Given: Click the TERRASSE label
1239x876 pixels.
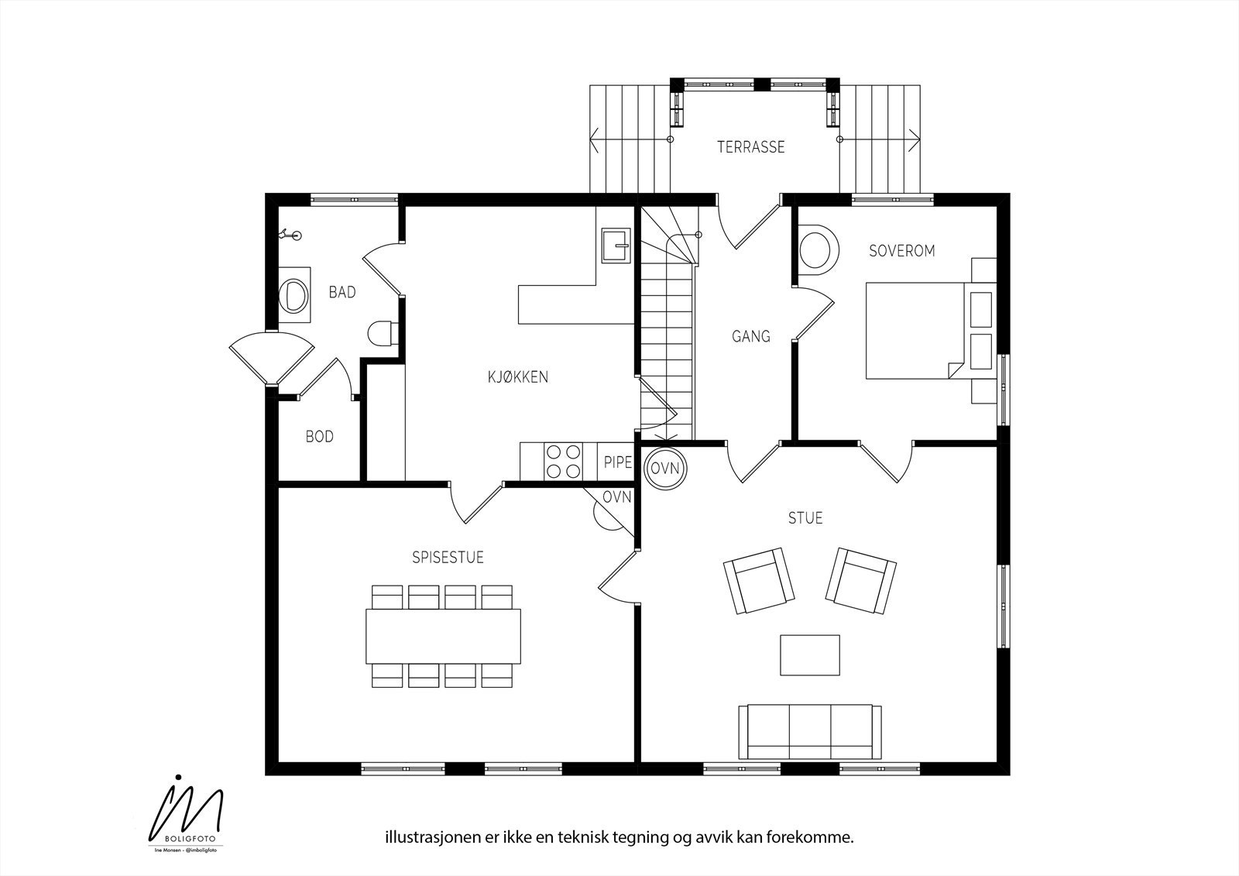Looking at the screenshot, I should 750,146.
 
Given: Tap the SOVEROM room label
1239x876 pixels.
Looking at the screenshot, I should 901,251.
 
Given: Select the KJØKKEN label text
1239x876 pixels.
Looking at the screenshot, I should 517,377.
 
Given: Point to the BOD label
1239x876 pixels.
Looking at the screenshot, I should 319,437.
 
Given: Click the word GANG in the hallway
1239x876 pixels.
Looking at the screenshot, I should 750,336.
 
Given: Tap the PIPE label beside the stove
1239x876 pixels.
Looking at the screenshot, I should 617,463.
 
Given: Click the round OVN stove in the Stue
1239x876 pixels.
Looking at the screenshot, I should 664,469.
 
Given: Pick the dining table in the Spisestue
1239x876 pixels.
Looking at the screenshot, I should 443,636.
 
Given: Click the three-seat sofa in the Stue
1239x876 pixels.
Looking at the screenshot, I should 810,731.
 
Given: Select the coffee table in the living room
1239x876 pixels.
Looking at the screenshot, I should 810,655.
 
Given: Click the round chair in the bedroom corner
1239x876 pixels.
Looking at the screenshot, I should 818,251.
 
